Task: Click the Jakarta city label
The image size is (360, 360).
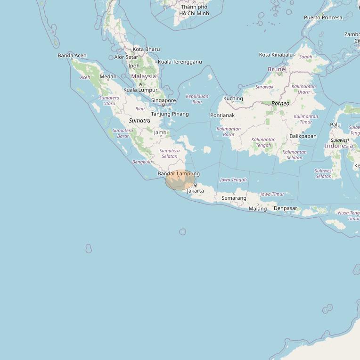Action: click(x=195, y=191)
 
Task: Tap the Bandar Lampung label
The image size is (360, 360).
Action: click(x=179, y=174)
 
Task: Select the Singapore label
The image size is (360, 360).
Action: click(x=164, y=100)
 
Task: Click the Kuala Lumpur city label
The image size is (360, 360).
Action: click(x=140, y=90)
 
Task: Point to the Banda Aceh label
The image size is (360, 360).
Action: click(x=72, y=56)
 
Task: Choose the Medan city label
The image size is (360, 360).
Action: click(x=108, y=77)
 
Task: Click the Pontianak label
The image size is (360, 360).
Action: click(x=222, y=115)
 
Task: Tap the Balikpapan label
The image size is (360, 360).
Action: click(x=303, y=136)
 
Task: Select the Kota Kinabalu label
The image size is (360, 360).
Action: click(x=276, y=55)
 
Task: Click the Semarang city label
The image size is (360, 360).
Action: click(x=234, y=198)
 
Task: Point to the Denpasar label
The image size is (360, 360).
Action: click(x=286, y=208)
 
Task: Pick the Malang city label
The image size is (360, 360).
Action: click(x=258, y=209)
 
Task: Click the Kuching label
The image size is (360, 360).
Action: click(x=233, y=98)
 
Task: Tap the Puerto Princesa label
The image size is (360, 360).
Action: click(x=323, y=17)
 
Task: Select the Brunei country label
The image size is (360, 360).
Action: click(x=277, y=69)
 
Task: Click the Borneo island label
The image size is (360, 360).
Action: click(x=280, y=103)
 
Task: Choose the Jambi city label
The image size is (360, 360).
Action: click(x=161, y=133)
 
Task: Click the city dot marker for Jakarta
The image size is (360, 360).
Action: click(x=196, y=185)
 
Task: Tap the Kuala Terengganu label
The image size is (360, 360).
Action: click(x=180, y=62)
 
